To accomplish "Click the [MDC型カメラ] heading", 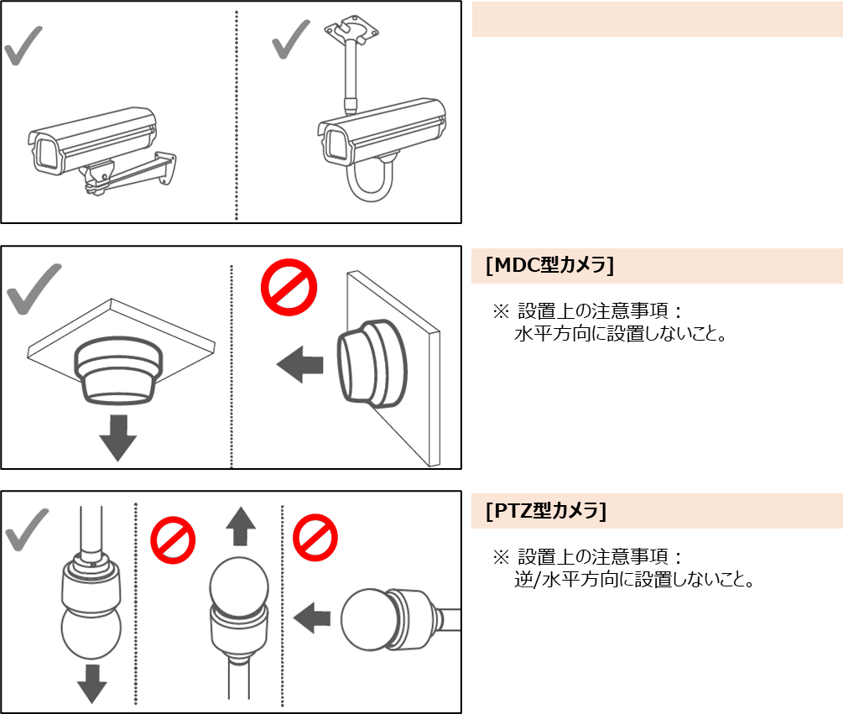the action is (549, 265).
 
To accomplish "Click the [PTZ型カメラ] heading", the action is (546, 510).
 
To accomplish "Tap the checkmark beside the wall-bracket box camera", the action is (23, 46).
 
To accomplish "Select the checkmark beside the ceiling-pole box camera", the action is (291, 39).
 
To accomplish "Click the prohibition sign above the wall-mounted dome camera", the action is (289, 287).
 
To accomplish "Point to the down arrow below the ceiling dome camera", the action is (117, 438).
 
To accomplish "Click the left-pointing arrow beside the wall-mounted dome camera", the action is (300, 364).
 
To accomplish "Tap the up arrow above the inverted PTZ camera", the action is (241, 526).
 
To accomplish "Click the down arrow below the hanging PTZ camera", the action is (92, 684).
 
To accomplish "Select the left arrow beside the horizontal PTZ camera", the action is (312, 618).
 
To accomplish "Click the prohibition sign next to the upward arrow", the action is (173, 540).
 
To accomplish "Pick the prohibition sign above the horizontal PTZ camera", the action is (315, 538).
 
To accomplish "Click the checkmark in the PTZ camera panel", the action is (26, 529).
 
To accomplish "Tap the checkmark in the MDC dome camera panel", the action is (34, 289).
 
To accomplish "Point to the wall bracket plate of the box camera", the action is (166, 169).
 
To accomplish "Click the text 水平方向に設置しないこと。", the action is (621, 334).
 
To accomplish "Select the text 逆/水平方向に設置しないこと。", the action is (635, 580).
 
